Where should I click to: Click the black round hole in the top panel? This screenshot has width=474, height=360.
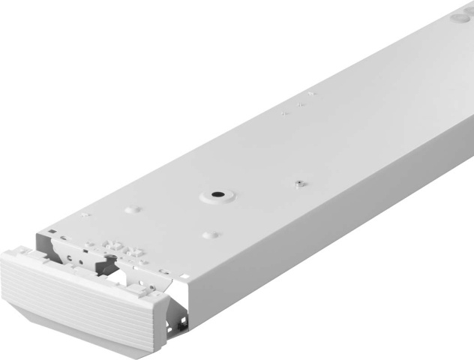coord(216,194)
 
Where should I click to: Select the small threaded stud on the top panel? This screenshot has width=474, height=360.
coord(298,182)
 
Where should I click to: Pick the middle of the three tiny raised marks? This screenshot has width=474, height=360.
coord(300,104)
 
